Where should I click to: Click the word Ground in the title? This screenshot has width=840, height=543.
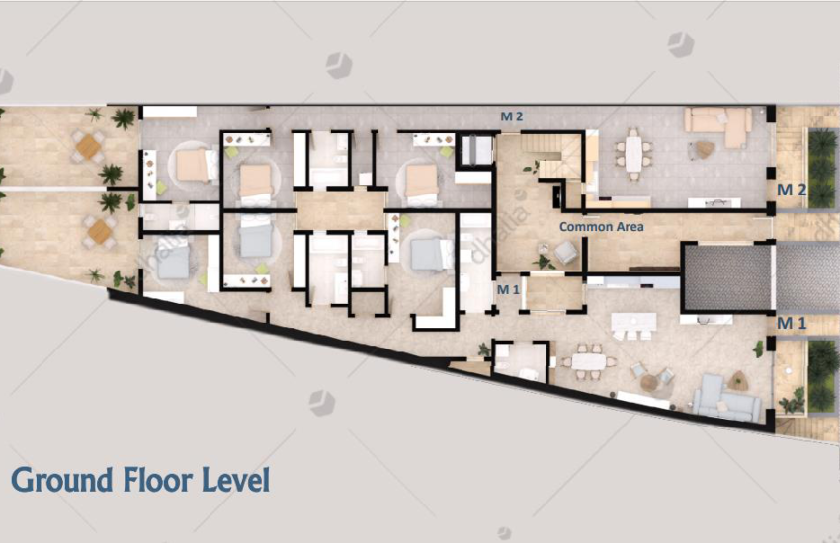62,480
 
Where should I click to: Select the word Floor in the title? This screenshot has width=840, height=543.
158,480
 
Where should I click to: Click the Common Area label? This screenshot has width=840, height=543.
602,227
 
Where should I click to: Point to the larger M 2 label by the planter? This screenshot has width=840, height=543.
792,190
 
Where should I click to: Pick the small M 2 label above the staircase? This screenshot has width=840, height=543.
512,116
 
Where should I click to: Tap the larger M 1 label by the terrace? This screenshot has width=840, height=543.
792,323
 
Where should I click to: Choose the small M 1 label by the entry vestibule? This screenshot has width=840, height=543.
508,290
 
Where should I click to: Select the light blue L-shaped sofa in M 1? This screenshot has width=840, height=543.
724,399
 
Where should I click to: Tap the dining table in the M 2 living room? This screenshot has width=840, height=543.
633,153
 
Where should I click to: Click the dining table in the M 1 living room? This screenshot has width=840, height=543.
589,362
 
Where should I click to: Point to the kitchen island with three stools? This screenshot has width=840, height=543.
634,323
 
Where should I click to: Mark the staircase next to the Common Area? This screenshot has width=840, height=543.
551,155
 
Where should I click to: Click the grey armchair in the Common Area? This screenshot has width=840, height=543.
565,252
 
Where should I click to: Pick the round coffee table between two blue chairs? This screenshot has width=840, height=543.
649,382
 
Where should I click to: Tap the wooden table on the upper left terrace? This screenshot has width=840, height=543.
87,145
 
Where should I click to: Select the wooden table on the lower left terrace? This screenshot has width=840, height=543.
100,232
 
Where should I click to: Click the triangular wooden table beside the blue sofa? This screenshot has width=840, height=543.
740,380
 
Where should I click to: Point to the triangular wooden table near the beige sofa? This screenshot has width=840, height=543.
705,149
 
